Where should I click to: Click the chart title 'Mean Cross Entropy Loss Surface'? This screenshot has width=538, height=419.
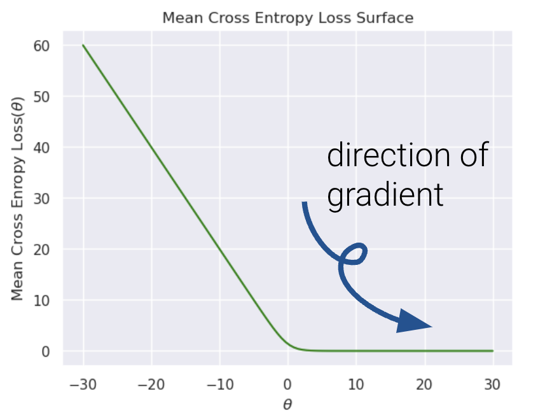click(x=287, y=18)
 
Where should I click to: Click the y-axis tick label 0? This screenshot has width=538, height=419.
click(x=46, y=352)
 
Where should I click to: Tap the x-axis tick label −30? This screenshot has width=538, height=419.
click(x=83, y=385)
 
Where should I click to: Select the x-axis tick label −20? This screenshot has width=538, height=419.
click(x=151, y=385)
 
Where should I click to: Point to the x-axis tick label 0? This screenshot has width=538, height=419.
click(x=288, y=385)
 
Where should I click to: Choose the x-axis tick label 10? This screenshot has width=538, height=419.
click(x=356, y=385)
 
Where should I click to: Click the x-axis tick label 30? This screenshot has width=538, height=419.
click(x=493, y=385)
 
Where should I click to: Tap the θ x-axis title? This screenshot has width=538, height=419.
click(x=287, y=404)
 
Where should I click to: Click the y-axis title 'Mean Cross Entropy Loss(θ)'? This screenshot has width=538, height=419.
click(x=17, y=199)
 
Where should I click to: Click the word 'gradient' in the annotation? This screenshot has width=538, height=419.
click(x=385, y=195)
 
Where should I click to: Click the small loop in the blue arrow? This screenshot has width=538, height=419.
click(x=354, y=254)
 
